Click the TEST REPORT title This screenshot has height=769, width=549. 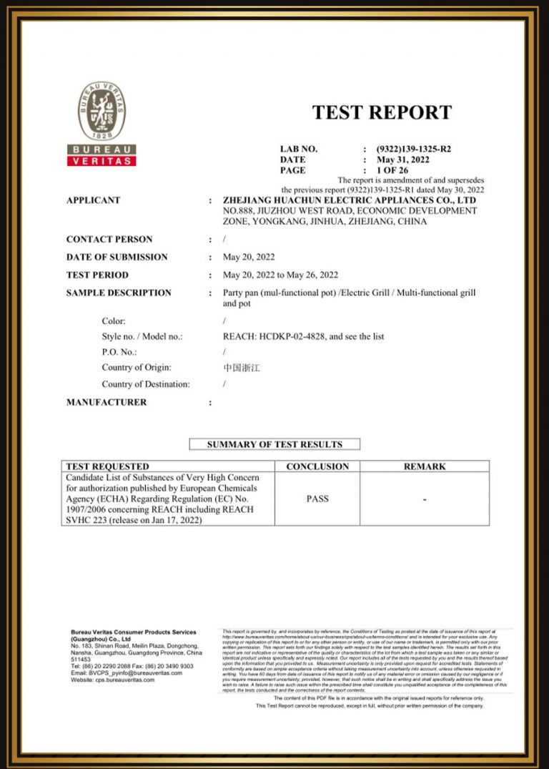[x=382, y=112]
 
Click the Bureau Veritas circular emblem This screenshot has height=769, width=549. [x=102, y=111]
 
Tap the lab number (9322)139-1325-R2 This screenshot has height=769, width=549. [x=414, y=149]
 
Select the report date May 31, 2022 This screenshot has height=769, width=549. [x=403, y=160]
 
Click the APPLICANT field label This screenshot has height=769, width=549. [x=93, y=200]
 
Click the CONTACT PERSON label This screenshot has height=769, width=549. [x=109, y=239]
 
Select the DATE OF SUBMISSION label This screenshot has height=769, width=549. [x=117, y=257]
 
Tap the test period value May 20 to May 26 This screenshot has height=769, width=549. [x=280, y=275]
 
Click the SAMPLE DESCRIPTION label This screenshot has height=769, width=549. [x=119, y=293]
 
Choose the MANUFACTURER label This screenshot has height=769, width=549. [x=106, y=402]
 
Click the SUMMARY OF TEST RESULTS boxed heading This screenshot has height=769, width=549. [x=274, y=444]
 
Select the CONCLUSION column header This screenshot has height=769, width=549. [x=317, y=466]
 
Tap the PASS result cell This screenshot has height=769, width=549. [x=317, y=499]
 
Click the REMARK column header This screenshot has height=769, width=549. [x=425, y=466]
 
